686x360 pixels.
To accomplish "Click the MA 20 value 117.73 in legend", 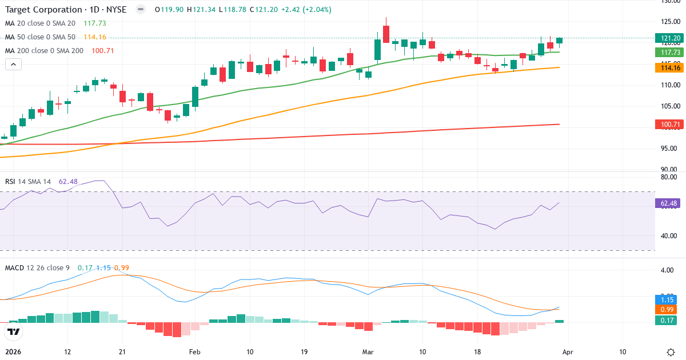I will click(95, 23).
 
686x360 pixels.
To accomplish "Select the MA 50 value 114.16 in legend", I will click(95, 37).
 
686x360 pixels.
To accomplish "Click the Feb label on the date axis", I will click(195, 352).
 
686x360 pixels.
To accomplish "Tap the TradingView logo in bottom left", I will click(14, 331).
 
